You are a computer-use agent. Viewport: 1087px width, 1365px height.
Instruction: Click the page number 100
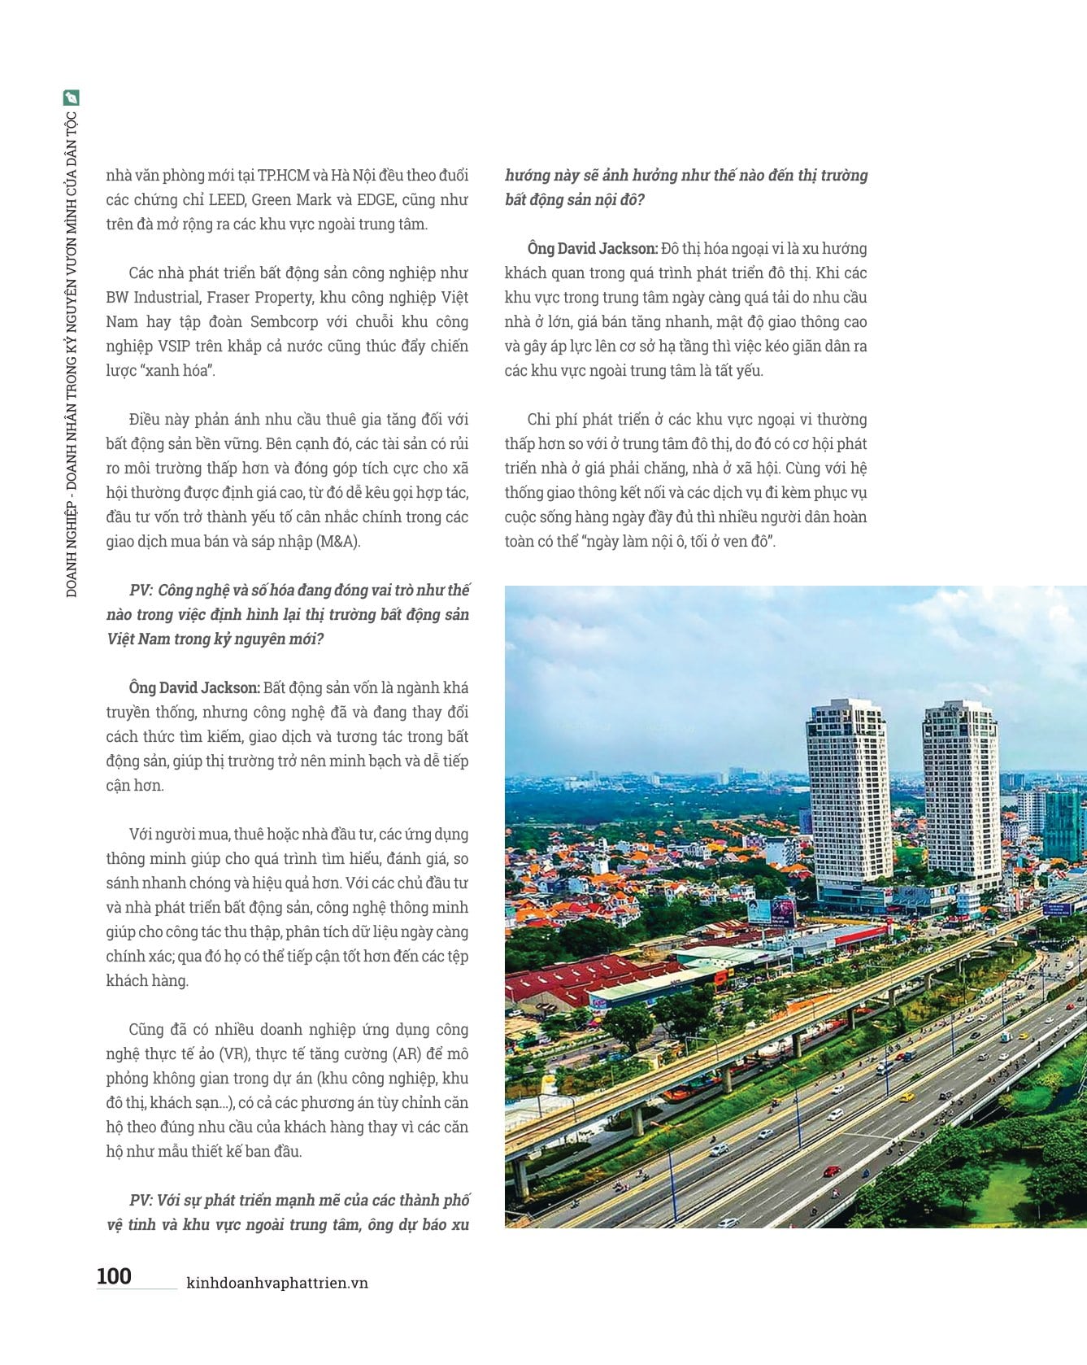tap(114, 1276)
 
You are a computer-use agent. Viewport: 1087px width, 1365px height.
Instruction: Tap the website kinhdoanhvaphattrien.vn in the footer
tap(277, 1283)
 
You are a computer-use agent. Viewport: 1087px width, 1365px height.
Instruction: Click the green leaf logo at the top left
tap(72, 98)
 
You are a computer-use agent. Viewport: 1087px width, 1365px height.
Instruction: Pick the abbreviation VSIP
tap(172, 347)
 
